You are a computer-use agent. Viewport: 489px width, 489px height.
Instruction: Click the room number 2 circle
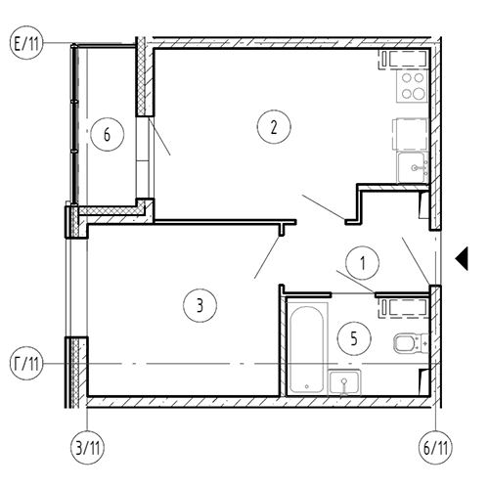click(274, 127)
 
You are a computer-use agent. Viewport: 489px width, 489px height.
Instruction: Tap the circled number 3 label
click(200, 305)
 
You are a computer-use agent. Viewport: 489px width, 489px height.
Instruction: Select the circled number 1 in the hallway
click(362, 263)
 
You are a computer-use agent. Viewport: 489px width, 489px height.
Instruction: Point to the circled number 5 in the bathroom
click(354, 338)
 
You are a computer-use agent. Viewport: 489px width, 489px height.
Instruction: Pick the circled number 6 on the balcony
click(108, 134)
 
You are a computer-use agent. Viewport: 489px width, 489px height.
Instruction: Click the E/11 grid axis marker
click(26, 43)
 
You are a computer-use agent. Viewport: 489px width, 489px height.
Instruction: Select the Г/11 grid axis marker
click(26, 363)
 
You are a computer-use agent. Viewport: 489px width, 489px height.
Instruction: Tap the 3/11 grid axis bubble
click(87, 448)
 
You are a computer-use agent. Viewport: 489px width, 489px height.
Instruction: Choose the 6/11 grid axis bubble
click(435, 448)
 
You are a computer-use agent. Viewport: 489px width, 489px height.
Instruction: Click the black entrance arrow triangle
click(464, 258)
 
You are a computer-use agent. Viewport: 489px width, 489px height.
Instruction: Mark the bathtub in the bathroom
click(307, 349)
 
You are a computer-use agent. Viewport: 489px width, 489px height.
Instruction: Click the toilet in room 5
click(411, 343)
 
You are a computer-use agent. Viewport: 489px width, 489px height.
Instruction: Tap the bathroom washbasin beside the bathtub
click(344, 382)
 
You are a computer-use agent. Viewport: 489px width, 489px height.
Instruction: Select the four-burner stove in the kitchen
click(412, 86)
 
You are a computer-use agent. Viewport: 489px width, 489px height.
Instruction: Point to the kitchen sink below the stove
click(413, 168)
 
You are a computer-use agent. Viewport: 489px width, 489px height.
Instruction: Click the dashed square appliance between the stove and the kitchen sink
click(410, 134)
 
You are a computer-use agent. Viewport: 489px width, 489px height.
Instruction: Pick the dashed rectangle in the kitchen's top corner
click(403, 60)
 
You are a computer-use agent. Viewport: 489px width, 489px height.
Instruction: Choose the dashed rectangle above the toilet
click(403, 308)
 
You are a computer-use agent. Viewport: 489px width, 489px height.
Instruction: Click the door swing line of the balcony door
click(159, 136)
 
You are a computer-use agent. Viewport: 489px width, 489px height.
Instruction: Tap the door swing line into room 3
click(267, 257)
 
